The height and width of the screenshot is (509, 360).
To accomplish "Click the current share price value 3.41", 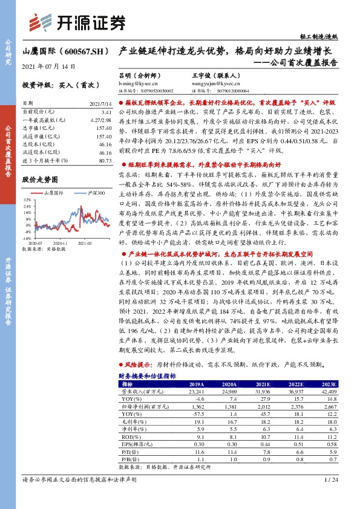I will [x=106, y=112].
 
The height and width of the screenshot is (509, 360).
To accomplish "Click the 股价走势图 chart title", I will [x=40, y=180].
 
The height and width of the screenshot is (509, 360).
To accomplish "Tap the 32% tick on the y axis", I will [x=28, y=200].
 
